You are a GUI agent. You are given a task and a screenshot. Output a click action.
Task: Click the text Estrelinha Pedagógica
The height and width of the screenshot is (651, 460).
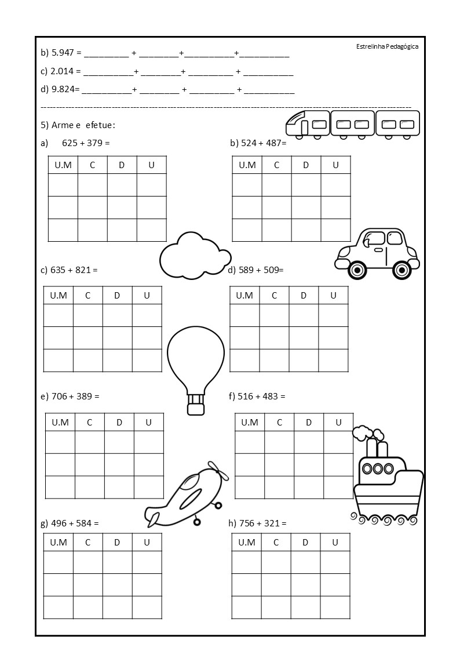coord(387,46)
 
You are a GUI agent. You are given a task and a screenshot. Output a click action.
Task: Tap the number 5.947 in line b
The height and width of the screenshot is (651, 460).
coord(63,53)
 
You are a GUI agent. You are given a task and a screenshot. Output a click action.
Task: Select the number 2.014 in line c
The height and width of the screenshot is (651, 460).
coord(63,72)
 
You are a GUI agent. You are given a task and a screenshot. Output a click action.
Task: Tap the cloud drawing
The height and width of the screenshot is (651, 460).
coord(195,255)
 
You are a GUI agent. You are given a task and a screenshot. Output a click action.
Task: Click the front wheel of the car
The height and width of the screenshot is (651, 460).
coord(357,270)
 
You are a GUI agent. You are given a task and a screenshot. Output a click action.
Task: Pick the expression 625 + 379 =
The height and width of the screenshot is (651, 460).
coord(86,143)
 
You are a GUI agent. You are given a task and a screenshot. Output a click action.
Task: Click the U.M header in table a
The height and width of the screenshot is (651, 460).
coord(63,165)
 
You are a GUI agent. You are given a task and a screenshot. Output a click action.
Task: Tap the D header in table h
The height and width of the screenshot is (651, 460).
coord(305,543)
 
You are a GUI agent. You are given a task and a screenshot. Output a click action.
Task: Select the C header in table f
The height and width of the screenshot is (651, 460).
coord(279,422)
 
